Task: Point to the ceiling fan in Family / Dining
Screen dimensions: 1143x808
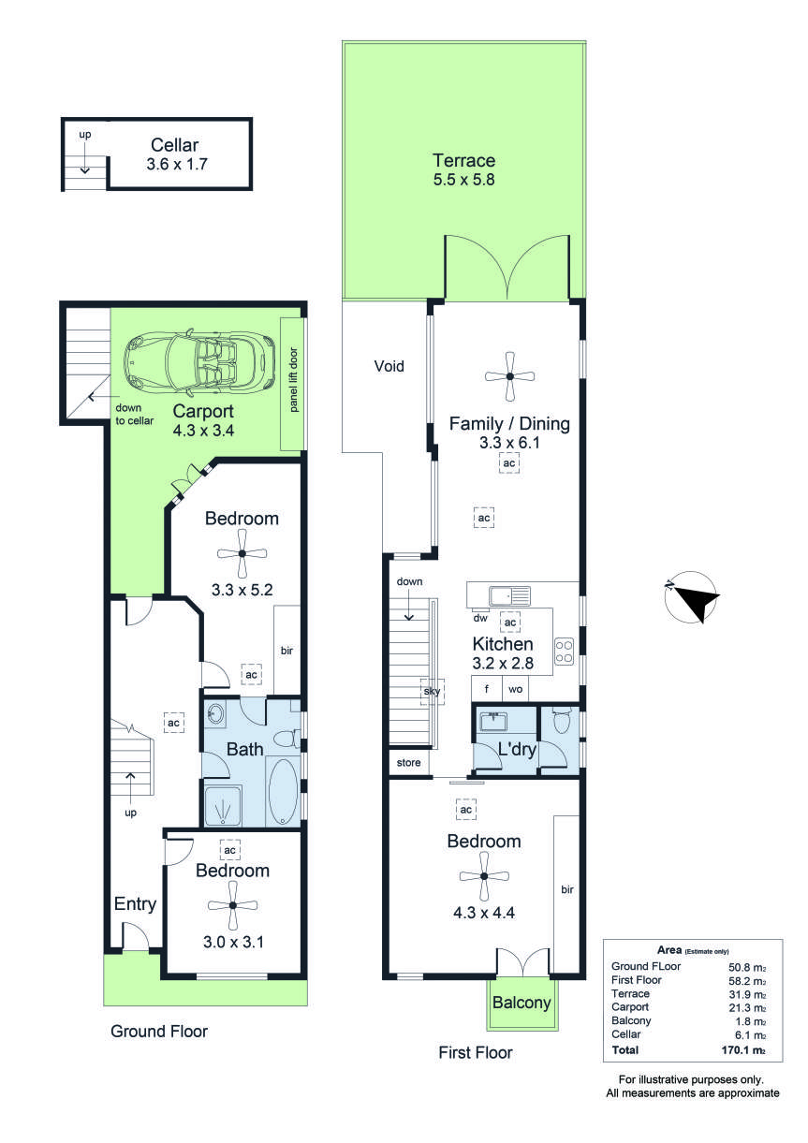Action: (x=509, y=375)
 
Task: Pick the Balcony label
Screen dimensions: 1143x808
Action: (x=522, y=1004)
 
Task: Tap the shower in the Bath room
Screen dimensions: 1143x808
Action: (x=222, y=806)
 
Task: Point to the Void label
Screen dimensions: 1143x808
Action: (x=389, y=366)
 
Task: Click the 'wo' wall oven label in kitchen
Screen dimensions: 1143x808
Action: (x=515, y=689)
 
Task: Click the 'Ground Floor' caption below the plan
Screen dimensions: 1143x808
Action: (x=159, y=1032)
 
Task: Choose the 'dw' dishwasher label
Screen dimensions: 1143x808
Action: (x=479, y=618)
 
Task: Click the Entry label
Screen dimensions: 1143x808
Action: (x=135, y=903)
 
